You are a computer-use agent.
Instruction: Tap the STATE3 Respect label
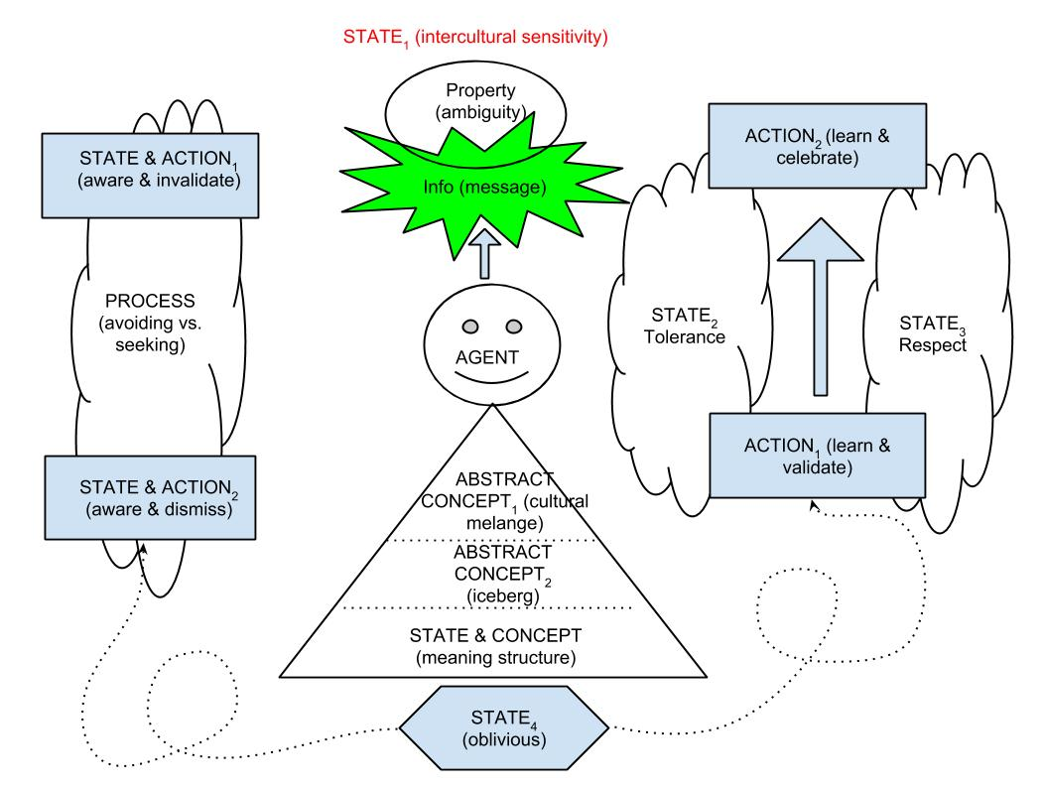926,328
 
